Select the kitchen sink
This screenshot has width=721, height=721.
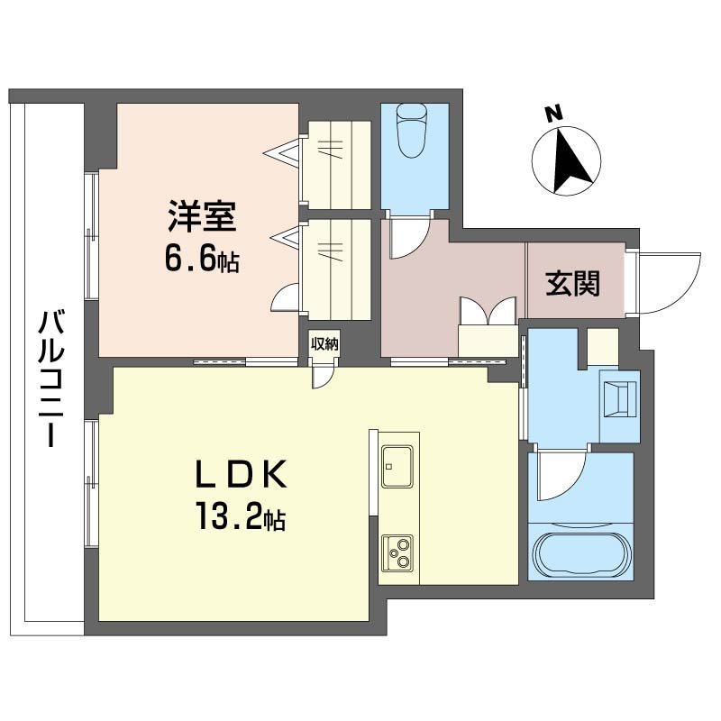[397, 465]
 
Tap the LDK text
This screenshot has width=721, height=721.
[241, 473]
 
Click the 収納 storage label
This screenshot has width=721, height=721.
[324, 343]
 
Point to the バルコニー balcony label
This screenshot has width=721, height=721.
[53, 379]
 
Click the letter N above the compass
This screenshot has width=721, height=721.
[554, 114]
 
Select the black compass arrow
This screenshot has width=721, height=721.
[569, 162]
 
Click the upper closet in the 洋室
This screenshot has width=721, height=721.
[335, 164]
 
